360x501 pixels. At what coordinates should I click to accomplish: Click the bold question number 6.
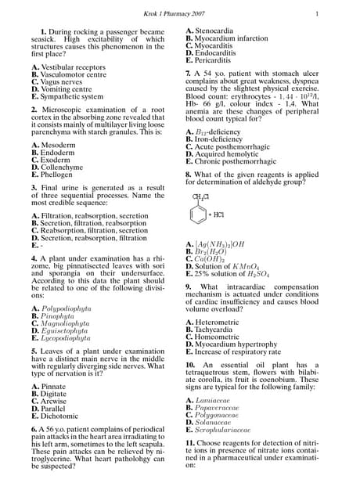(34, 430)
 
